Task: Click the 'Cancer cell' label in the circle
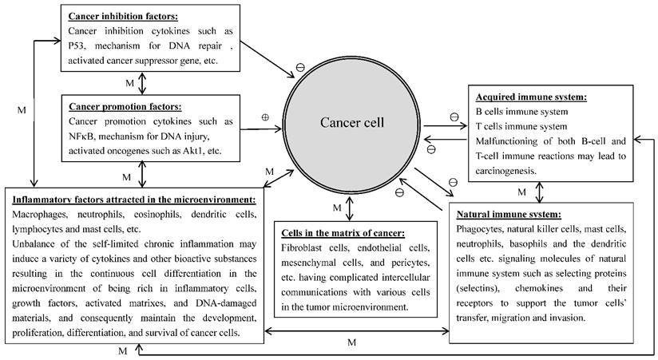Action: pyautogui.click(x=352, y=123)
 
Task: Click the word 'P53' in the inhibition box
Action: pyautogui.click(x=82, y=45)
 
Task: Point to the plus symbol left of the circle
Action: pyautogui.click(x=265, y=117)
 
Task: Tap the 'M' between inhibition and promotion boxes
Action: pyautogui.click(x=130, y=83)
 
